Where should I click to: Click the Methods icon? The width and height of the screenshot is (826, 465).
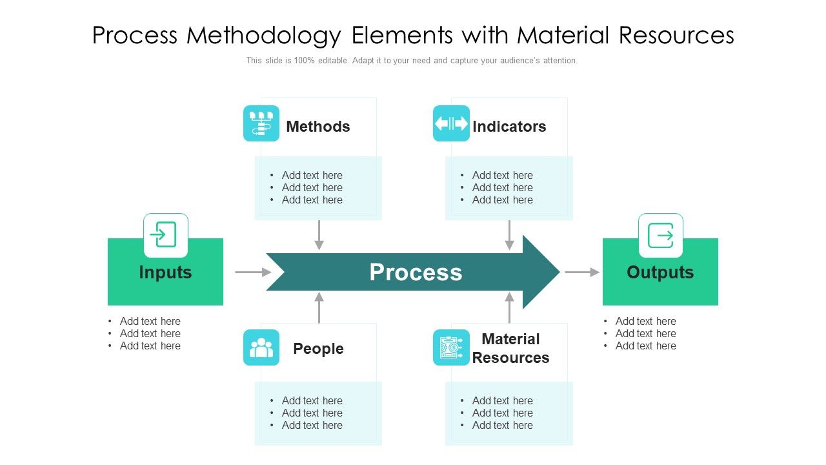click(261, 123)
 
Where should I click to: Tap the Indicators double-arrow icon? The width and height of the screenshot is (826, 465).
click(451, 123)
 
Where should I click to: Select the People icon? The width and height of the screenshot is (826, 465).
click(261, 347)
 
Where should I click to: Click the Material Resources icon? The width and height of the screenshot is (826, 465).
click(451, 347)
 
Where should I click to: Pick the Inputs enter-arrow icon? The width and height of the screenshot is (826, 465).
click(165, 235)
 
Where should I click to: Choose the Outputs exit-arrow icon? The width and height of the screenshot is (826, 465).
click(660, 235)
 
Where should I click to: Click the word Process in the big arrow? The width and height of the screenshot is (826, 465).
click(416, 273)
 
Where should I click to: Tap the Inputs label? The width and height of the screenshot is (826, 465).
click(165, 273)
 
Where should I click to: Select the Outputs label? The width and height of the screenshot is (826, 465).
click(660, 273)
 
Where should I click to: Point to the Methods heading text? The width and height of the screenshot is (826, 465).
click(318, 127)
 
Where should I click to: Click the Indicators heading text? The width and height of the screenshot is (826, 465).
click(509, 127)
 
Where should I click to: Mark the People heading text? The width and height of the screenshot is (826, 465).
click(318, 349)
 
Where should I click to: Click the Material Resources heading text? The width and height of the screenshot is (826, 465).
click(510, 349)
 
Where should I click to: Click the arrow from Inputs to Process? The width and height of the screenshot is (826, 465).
click(253, 273)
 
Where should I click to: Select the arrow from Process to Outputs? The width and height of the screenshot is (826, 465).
click(582, 273)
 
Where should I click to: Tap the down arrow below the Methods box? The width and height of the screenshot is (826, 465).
click(319, 236)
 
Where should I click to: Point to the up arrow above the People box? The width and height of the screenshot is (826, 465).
click(319, 307)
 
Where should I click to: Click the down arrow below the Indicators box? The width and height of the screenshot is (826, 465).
click(509, 236)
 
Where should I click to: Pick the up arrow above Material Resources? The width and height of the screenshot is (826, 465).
click(509, 307)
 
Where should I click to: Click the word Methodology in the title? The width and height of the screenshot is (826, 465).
click(263, 36)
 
